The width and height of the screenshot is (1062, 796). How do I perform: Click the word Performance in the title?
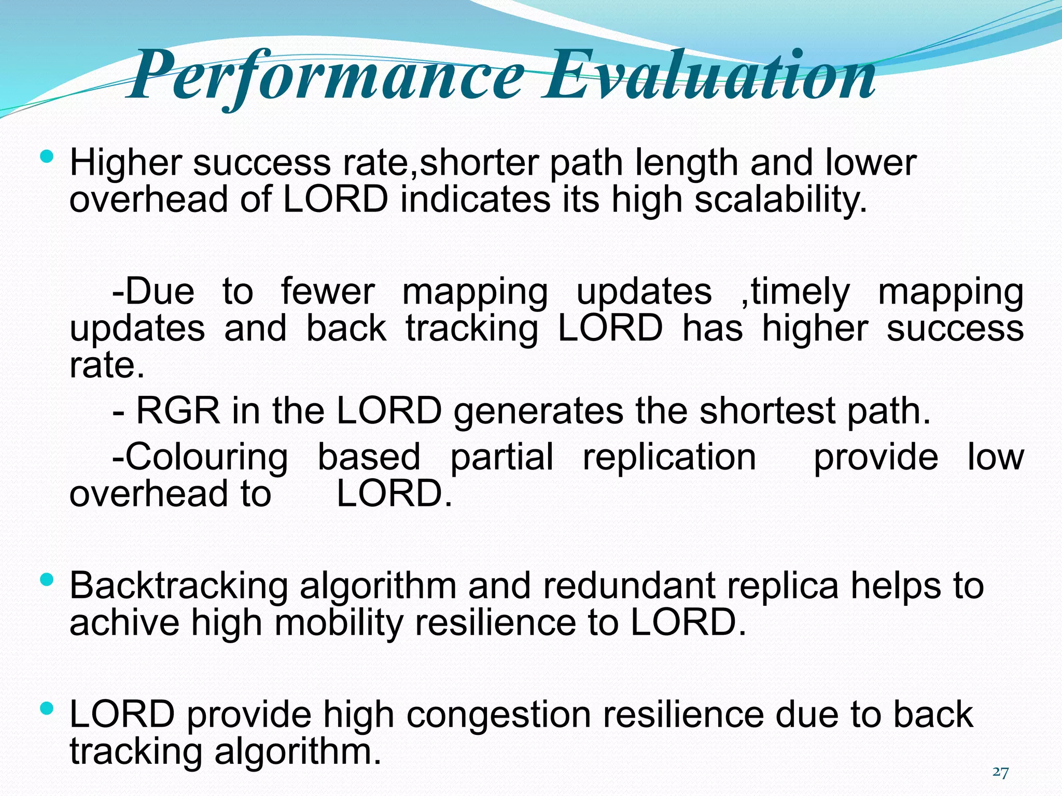click(327, 77)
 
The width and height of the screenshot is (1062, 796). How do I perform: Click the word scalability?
click(780, 200)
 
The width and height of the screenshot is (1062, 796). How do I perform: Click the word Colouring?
click(200, 457)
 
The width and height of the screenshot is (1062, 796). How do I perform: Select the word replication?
click(669, 457)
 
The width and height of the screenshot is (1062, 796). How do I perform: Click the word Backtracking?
click(178, 586)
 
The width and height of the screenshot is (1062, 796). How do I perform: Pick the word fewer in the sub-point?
click(328, 291)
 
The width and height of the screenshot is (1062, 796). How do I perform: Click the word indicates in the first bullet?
click(474, 200)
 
